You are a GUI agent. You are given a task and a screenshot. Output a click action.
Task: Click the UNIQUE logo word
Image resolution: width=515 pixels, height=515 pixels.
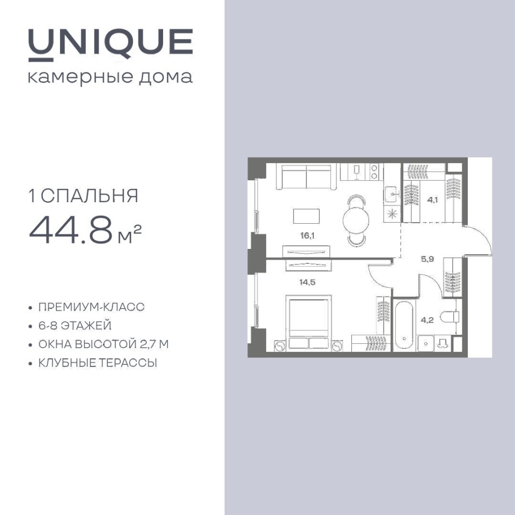(111, 45)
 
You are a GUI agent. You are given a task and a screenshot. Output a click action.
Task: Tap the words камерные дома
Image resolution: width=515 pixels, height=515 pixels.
(111, 77)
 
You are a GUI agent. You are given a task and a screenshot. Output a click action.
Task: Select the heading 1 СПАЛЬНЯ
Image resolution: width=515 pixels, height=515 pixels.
(84, 196)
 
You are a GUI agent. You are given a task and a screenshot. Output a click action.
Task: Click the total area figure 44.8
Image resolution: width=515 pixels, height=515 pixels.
(71, 230)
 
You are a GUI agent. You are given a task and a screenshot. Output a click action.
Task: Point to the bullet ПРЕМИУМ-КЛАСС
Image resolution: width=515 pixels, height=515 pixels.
(91, 307)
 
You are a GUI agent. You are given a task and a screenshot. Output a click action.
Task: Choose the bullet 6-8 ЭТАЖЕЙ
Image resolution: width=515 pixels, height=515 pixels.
(75, 326)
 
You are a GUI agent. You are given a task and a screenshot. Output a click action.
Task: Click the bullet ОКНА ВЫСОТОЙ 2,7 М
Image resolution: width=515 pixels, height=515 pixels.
(104, 344)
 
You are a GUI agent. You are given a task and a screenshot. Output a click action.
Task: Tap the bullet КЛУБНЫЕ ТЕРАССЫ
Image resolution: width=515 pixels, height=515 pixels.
(98, 363)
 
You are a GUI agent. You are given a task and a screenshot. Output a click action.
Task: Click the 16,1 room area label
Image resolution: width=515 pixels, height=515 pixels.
(307, 236)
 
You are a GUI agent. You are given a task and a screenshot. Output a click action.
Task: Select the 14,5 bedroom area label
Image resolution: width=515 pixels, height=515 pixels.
(307, 282)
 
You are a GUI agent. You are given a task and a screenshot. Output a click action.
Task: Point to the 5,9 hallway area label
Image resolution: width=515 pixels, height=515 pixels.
(428, 259)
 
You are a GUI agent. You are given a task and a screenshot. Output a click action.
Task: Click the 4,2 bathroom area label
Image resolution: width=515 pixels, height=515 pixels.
(427, 320)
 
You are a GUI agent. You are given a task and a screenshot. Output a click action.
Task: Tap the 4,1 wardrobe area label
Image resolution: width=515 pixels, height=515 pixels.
(432, 200)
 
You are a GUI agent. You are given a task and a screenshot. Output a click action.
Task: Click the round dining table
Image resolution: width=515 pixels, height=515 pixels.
(356, 220)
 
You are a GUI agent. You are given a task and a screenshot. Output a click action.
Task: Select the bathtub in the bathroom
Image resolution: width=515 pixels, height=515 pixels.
(404, 325)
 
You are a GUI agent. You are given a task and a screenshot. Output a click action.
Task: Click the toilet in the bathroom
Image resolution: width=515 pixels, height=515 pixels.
(450, 317)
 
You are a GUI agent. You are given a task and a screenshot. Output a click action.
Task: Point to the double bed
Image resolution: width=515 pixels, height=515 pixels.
(309, 322)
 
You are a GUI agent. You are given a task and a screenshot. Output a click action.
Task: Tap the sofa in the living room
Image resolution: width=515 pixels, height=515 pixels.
(306, 176)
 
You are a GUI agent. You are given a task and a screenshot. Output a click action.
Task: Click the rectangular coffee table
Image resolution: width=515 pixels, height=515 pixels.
(306, 216)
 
